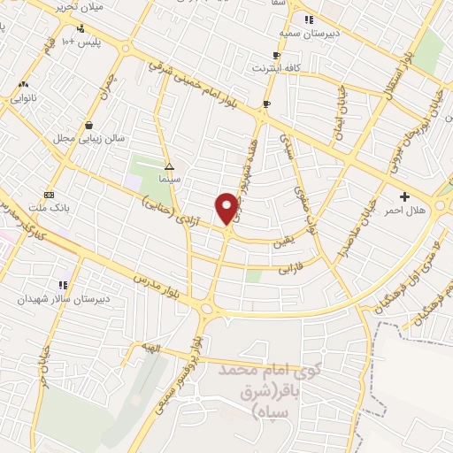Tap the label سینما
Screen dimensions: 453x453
[x=170, y=178]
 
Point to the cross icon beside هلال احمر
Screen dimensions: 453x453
[x=405, y=196]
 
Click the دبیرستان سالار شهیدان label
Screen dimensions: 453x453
[x=55, y=299]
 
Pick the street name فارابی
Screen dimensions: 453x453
[x=291, y=267]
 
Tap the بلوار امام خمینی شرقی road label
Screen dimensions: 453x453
[x=204, y=84]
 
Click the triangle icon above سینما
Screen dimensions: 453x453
[x=170, y=165]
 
